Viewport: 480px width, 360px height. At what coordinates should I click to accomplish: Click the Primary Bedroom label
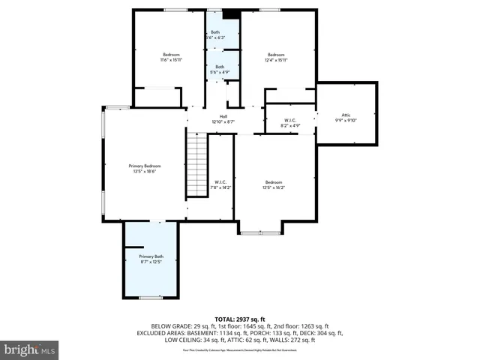coord(145,166)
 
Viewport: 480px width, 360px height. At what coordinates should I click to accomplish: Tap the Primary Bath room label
coord(151,256)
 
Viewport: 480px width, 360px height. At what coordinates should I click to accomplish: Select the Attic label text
coord(346,115)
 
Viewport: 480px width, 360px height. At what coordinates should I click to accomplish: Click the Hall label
coord(223,115)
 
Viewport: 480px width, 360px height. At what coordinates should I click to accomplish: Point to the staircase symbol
coord(196,163)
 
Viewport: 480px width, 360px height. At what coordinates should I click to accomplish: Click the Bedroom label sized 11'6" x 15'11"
coord(172,54)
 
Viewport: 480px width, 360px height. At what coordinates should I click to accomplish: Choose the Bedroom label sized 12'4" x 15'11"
coord(277,54)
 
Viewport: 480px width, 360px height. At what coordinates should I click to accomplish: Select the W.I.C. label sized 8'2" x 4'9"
coord(291,120)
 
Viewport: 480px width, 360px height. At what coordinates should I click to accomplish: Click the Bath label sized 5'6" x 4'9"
coord(220,67)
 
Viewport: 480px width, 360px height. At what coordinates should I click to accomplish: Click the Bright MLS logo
coord(30,349)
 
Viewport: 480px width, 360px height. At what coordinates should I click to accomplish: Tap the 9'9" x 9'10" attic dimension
coord(346,121)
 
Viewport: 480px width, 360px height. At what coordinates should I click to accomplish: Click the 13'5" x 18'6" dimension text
coord(145,172)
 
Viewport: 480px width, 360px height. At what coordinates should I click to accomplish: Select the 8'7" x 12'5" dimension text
coord(151,262)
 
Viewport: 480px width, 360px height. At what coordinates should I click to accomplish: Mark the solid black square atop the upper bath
coord(232,13)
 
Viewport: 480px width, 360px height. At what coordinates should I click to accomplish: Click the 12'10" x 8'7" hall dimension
coord(223,121)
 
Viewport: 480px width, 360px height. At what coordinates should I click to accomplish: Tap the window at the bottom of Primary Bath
coord(151,298)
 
